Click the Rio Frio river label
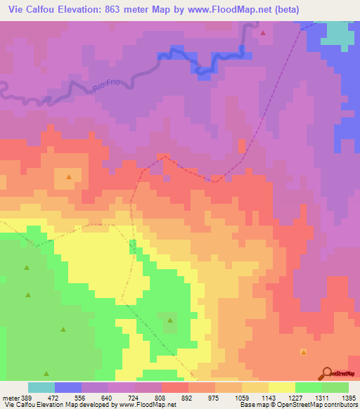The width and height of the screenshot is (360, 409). tap(108, 85)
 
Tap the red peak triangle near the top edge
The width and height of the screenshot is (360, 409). tap(263, 33)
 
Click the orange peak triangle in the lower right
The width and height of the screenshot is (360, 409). tap(304, 352)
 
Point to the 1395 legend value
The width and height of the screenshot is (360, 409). tap(348, 397)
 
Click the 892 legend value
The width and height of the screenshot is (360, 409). tap(188, 397)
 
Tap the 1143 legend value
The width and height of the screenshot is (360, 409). tap(268, 397)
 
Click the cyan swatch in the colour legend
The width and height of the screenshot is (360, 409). tap(41, 387)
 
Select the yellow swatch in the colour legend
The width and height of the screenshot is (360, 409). tap(281, 387)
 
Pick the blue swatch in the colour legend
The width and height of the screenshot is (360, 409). tap(68, 387)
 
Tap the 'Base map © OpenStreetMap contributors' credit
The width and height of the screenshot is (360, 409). tap(297, 405)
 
